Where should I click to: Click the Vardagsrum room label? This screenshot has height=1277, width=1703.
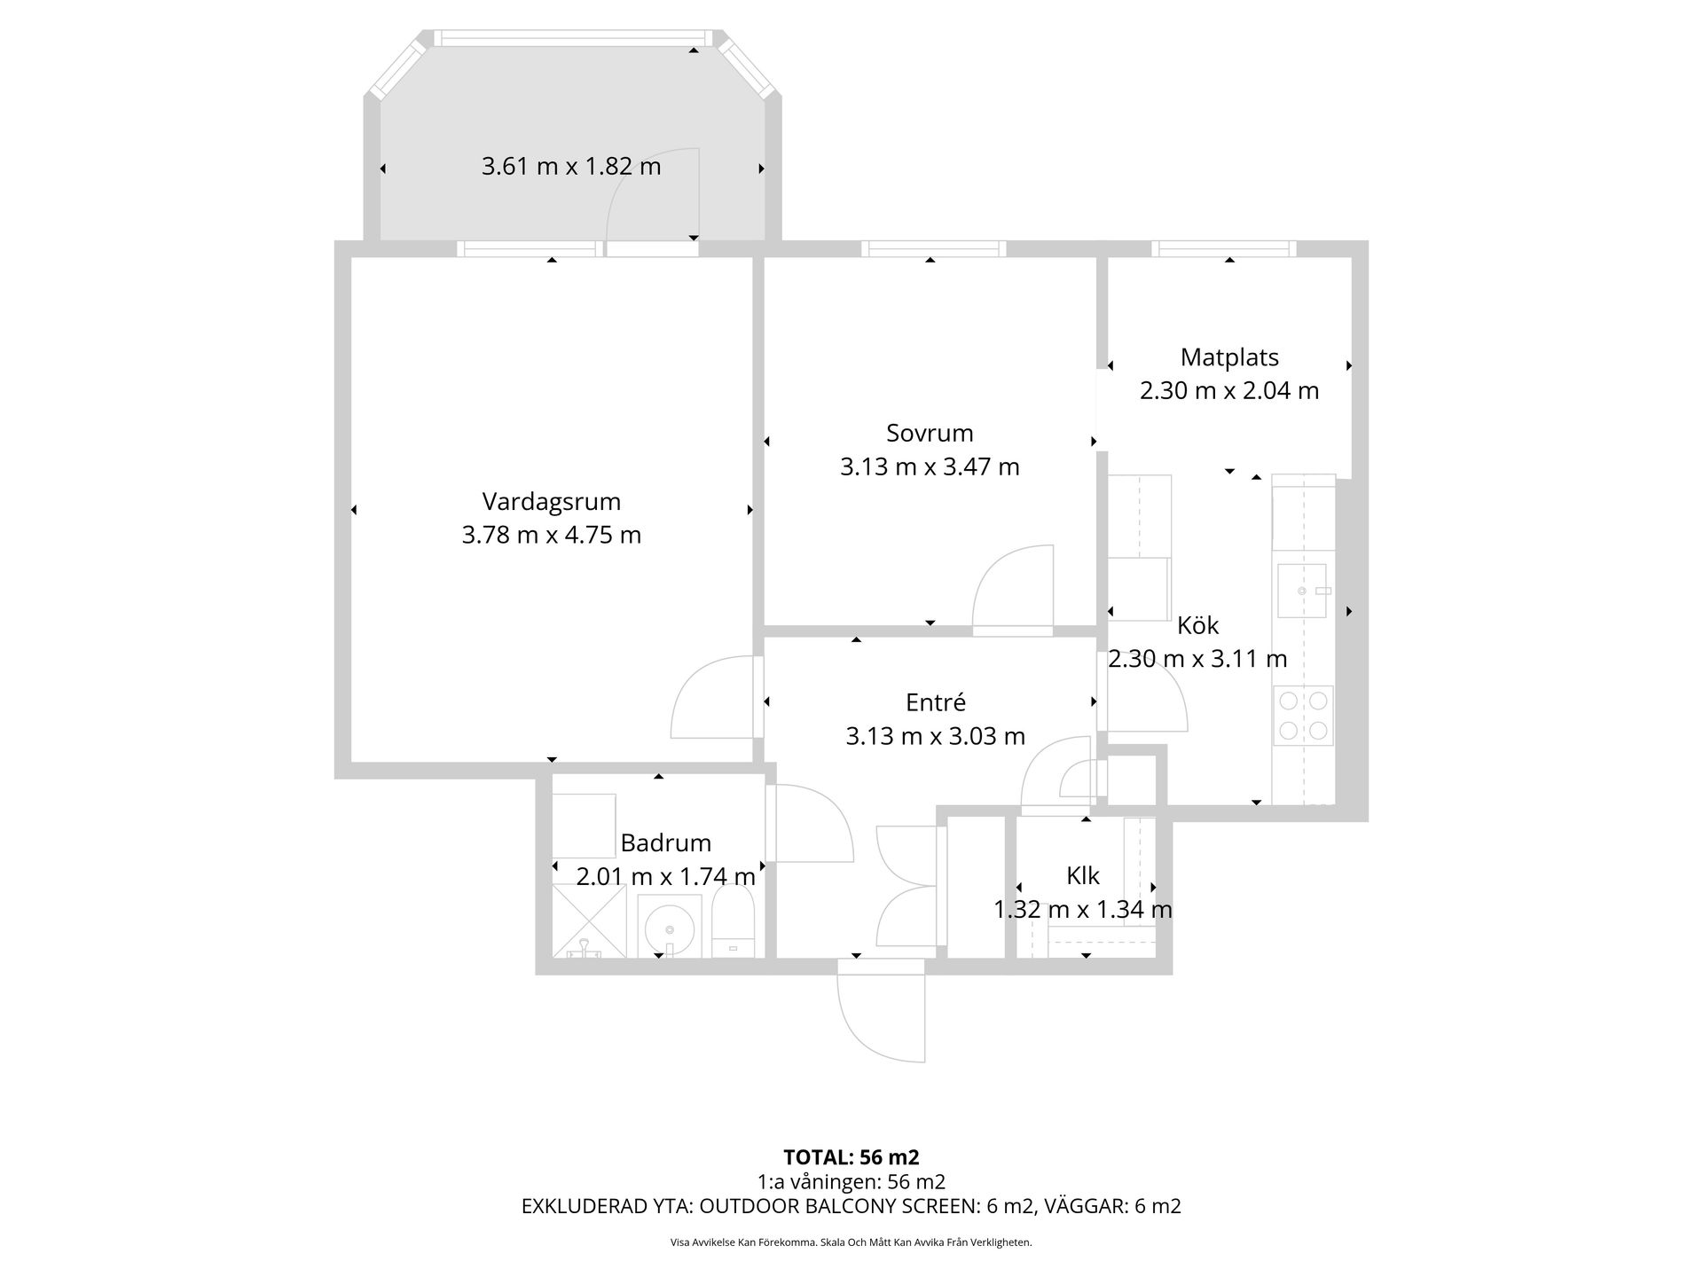point(551,501)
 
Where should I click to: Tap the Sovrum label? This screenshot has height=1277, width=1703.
point(930,433)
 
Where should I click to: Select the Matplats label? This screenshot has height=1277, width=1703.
point(1229,357)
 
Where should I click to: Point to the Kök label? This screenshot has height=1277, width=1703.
point(1197,625)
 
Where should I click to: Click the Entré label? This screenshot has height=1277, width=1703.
point(936,702)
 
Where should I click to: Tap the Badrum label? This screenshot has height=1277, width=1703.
point(665,842)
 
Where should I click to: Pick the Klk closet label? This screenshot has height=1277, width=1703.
point(1083,876)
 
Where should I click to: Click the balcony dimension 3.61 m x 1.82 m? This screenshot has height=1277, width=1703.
point(571,166)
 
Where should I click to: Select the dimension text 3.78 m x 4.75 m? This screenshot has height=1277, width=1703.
point(551,535)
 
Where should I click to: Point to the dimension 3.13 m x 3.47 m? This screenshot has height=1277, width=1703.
point(930,466)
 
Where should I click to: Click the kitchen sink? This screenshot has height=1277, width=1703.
point(1302,591)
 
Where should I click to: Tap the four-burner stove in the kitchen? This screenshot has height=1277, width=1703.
point(1303,716)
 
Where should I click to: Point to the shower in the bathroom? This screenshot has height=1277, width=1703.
point(589,921)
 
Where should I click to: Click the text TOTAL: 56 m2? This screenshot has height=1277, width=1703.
point(851,1157)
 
